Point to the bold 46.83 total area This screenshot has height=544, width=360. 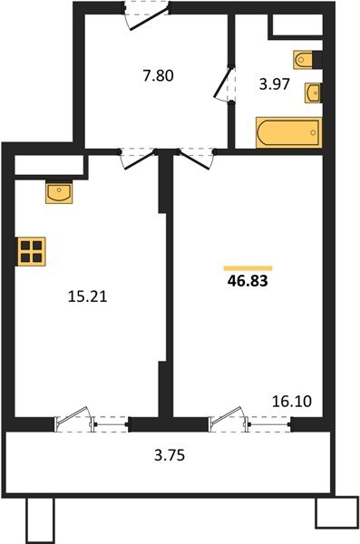[248, 281]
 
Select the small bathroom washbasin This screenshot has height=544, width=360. [313, 92]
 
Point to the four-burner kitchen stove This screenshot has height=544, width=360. [32, 251]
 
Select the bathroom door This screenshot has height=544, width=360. [223, 92]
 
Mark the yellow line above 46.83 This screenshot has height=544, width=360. [248, 267]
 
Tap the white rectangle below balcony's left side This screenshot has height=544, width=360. [40, 520]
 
